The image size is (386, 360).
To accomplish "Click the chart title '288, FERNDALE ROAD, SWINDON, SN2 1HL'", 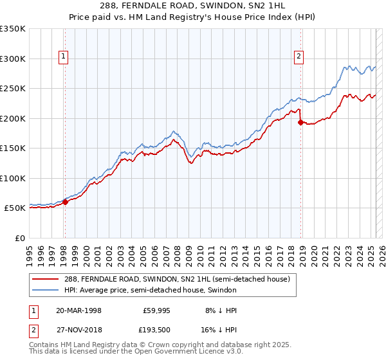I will coord(194,6).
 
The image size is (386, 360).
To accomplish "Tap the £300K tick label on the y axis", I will coord(13,59).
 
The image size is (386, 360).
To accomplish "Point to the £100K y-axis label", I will coord(13,178).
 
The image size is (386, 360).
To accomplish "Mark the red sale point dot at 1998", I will coord(65,202).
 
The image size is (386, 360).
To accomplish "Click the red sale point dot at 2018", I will coord(300,122).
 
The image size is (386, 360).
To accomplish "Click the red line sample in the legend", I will coord(46,279).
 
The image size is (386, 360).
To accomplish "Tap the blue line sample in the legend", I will coord(46,290).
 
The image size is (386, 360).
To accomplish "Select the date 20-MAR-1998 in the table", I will coord(78,310).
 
